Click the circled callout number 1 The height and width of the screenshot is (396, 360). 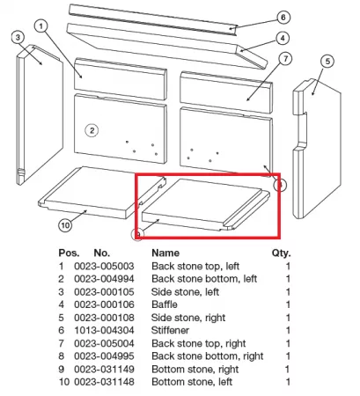click(x=40, y=26)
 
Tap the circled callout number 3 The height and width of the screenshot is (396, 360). click(x=18, y=38)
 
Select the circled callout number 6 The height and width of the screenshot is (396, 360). click(x=283, y=18)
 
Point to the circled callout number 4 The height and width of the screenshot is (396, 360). click(x=283, y=38)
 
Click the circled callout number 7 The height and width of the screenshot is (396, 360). click(x=285, y=59)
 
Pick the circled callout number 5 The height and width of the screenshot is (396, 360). click(x=327, y=62)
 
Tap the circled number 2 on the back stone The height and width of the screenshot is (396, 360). click(x=92, y=130)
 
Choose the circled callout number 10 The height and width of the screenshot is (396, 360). click(x=65, y=225)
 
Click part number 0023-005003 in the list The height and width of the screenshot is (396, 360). click(x=104, y=266)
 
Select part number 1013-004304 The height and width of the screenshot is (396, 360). click(x=104, y=330)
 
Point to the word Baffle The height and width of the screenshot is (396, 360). click(x=165, y=304)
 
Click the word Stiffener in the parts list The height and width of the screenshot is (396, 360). click(x=170, y=330)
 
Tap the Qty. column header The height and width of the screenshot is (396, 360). click(x=281, y=253)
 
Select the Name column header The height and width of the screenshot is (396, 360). click(x=165, y=253)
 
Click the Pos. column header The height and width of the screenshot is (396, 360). click(x=69, y=253)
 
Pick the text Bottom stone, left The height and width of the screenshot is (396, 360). click(x=192, y=382)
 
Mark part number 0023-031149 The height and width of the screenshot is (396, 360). click(x=104, y=369)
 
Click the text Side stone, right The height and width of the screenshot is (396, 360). click(x=188, y=318)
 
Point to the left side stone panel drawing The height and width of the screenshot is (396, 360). click(x=40, y=114)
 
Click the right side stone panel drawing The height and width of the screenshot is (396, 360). click(x=317, y=149)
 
